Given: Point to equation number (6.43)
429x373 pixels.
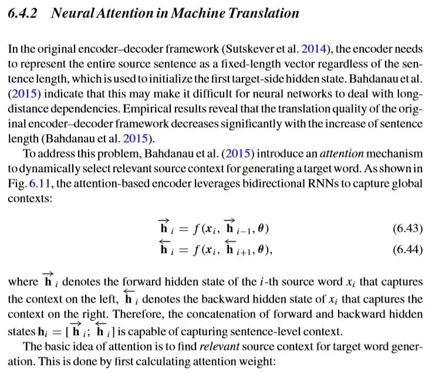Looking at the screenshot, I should (x=407, y=229).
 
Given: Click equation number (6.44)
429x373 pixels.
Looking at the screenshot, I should (x=407, y=250).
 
